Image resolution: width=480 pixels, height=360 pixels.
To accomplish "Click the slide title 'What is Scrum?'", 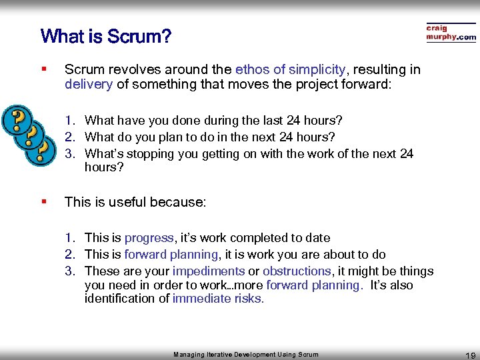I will [x=105, y=36].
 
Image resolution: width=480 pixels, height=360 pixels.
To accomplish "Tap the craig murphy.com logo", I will [x=451, y=33].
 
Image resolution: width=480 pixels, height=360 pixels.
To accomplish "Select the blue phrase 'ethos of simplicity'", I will [x=290, y=69].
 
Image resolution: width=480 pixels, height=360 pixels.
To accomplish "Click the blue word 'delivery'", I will [x=89, y=84].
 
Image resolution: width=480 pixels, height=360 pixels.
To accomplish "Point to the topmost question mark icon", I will [x=17, y=120].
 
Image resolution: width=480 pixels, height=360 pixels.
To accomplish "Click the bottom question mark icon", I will [x=41, y=150].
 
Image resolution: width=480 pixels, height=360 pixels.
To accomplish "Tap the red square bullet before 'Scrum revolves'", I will [x=43, y=69].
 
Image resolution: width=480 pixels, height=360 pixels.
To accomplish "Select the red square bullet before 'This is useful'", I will [x=43, y=201].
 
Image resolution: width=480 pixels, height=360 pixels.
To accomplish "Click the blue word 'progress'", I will [x=149, y=238].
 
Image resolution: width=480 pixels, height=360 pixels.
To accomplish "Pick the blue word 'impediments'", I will [x=208, y=271].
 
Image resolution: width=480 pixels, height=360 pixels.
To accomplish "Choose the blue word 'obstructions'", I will [x=297, y=271].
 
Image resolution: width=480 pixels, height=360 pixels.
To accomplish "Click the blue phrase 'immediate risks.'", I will [x=218, y=299].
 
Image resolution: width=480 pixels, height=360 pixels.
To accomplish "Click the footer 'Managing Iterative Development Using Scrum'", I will [x=246, y=355].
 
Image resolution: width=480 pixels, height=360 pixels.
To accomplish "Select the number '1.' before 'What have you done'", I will [x=70, y=121].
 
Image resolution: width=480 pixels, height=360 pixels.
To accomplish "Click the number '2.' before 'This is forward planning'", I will [x=70, y=255].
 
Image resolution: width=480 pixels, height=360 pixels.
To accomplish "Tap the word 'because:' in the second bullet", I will [x=180, y=201].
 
